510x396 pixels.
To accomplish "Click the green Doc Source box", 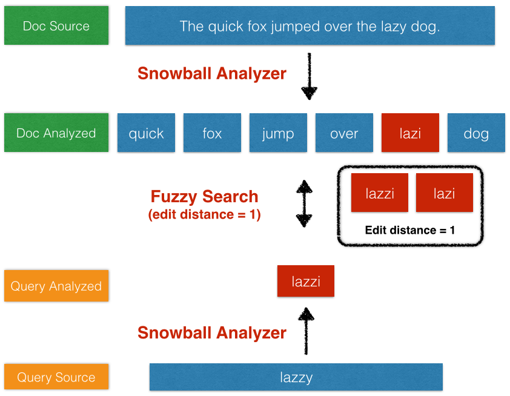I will click(x=56, y=26).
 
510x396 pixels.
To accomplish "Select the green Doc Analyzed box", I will click(x=56, y=133).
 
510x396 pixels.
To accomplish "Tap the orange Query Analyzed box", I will click(x=56, y=286).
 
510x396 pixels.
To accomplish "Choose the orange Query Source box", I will click(x=56, y=377).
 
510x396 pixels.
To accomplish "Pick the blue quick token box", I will click(x=146, y=133).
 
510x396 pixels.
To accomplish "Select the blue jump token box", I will click(x=278, y=133).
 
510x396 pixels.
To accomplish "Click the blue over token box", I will click(x=344, y=133).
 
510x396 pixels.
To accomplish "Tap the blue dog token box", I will click(x=476, y=133).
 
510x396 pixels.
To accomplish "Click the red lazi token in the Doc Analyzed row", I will click(x=410, y=133).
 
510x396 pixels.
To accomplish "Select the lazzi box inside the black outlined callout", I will click(x=380, y=193).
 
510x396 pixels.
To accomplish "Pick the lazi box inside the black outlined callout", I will click(x=445, y=193).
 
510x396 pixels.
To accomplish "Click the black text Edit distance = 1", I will click(x=410, y=230).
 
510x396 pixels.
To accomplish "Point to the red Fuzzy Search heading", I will click(x=204, y=197).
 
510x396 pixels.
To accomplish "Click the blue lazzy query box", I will click(x=296, y=377).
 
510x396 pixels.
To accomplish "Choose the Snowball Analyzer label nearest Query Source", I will click(x=211, y=332).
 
